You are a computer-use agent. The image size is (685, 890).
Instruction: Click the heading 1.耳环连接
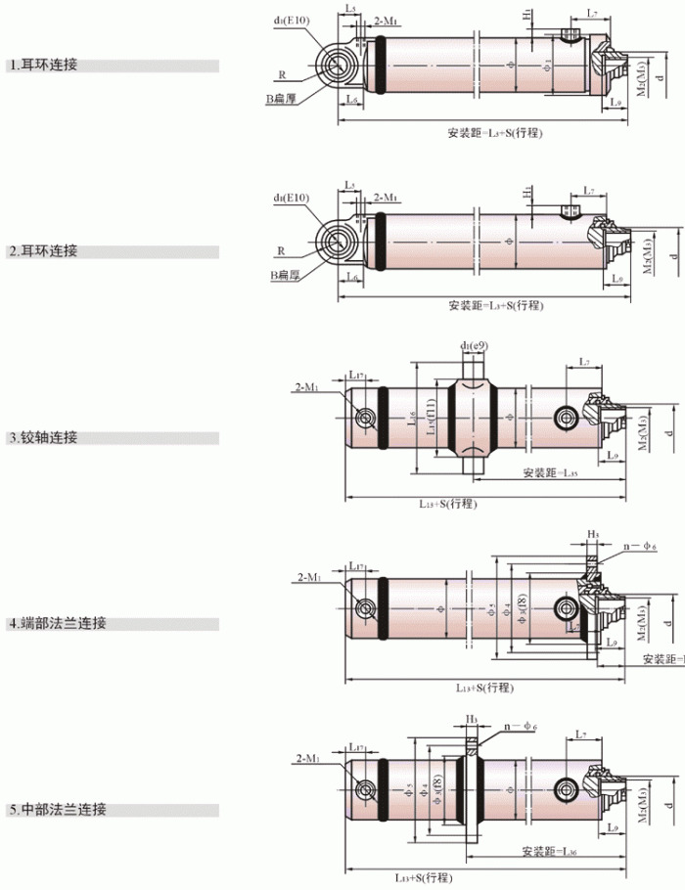(x=44, y=66)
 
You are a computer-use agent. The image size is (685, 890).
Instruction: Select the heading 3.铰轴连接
(x=44, y=437)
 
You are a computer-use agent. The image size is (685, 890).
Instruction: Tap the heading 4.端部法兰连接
(x=57, y=623)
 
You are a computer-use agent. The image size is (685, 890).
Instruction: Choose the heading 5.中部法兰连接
(x=57, y=810)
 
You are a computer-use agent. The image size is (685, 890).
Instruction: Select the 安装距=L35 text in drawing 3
(x=550, y=473)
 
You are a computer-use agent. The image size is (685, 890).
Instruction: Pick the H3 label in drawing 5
(x=472, y=719)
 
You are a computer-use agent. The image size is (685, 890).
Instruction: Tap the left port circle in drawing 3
(x=366, y=419)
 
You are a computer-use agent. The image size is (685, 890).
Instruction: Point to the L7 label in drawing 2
(x=589, y=191)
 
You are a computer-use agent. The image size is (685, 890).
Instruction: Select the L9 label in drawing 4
(x=611, y=643)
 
